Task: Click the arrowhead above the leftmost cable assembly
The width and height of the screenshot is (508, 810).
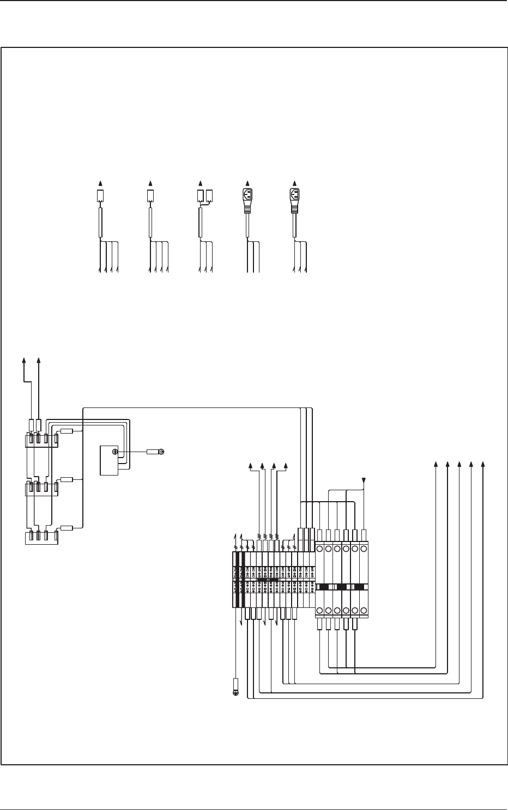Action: pyautogui.click(x=100, y=183)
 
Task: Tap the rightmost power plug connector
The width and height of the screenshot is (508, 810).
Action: pyautogui.click(x=295, y=195)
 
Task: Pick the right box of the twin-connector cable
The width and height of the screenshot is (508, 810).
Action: pyautogui.click(x=209, y=196)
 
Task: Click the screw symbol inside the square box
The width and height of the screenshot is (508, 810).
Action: pyautogui.click(x=115, y=452)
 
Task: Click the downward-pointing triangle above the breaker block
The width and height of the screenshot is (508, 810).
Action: pyautogui.click(x=364, y=480)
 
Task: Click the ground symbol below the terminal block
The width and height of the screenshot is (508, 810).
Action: pyautogui.click(x=236, y=693)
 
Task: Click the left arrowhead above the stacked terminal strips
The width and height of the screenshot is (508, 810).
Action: pyautogui.click(x=24, y=360)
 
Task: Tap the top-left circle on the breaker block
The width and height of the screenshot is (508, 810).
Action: pyautogui.click(x=319, y=549)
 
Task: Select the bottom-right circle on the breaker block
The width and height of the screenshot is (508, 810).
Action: pyautogui.click(x=364, y=610)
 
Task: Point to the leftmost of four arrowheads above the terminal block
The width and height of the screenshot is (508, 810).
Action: pyautogui.click(x=250, y=466)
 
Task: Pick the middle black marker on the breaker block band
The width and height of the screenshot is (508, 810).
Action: pyautogui.click(x=341, y=587)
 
